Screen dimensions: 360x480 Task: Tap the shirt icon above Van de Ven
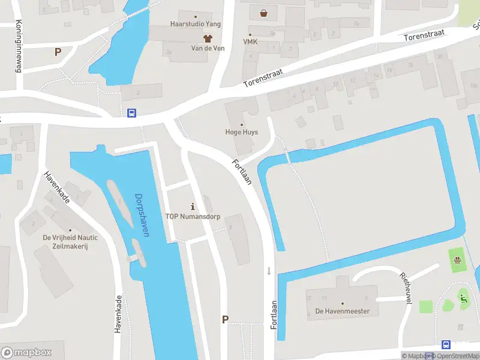click(x=199, y=38)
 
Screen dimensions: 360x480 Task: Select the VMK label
click(x=250, y=42)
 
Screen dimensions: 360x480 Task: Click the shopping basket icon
click(x=263, y=13)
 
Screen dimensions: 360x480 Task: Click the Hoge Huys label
click(x=241, y=132)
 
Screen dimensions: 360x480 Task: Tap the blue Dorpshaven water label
click(x=142, y=215)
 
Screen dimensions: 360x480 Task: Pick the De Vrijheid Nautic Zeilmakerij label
click(x=70, y=241)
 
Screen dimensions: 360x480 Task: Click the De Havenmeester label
click(x=343, y=311)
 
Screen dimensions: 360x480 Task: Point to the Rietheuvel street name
click(x=405, y=288)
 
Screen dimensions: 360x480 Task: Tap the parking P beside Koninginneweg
click(x=58, y=52)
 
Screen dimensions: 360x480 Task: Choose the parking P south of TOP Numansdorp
click(x=225, y=319)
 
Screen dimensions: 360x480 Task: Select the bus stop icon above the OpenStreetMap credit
click(x=446, y=344)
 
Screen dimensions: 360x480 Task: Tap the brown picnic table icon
click(x=458, y=260)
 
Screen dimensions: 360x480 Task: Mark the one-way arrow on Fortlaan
click(x=269, y=271)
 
